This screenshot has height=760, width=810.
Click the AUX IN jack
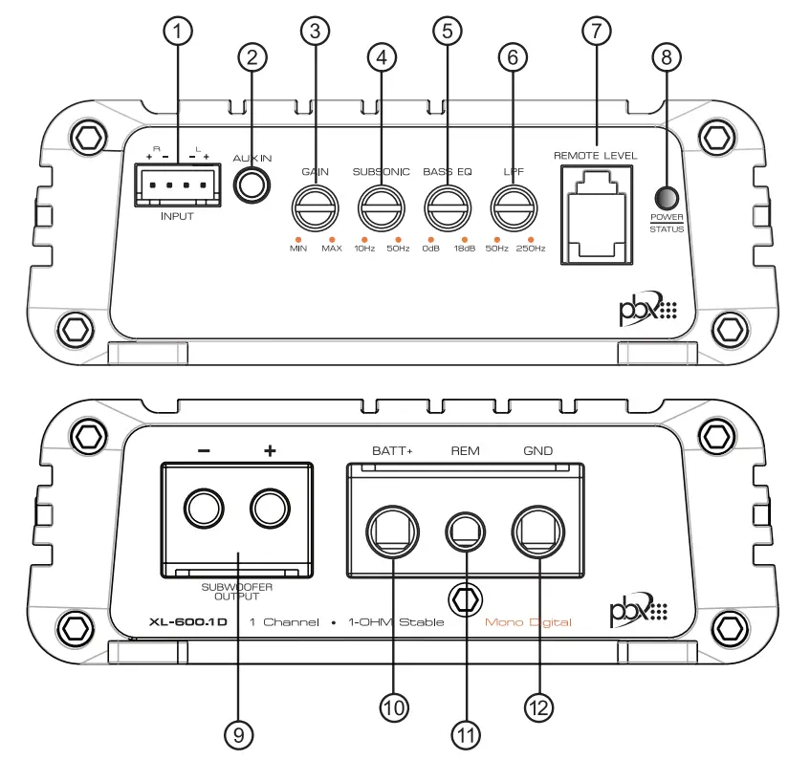pos(252,185)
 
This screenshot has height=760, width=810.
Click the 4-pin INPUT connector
pos(177,185)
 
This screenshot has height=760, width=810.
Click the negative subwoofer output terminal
pos(203,510)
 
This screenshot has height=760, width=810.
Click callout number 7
pos(595,31)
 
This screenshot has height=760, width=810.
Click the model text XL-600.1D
pos(188,622)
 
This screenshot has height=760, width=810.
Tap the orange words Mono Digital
pos(528,622)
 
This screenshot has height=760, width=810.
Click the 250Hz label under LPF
pos(531,249)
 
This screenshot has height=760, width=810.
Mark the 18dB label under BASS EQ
pos(464,249)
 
